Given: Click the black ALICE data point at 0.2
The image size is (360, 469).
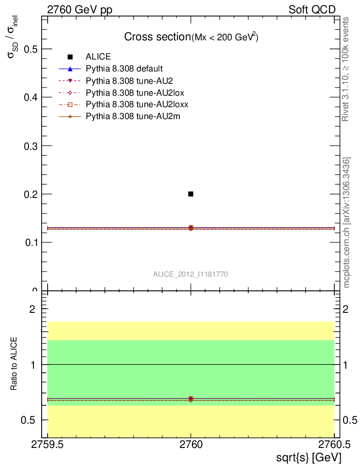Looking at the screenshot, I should coord(191,194).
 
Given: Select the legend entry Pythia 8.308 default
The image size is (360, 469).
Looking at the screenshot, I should coord(124,69).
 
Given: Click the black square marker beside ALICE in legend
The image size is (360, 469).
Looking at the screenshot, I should coord(70,57).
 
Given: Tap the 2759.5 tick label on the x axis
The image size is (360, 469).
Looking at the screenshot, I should coord(48,445).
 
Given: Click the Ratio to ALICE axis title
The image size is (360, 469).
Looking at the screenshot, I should coord(14,364).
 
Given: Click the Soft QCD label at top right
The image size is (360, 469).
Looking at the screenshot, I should coord(312,10).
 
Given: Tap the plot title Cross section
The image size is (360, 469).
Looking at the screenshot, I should coord(157,37).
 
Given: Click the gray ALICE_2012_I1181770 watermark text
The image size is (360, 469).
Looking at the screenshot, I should coord(191,274).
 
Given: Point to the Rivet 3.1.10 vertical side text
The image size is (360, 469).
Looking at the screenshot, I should coord(346,69).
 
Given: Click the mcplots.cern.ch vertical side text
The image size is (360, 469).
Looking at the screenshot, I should coord(347,222).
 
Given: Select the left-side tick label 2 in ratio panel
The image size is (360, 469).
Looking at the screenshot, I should coord(33,309).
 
